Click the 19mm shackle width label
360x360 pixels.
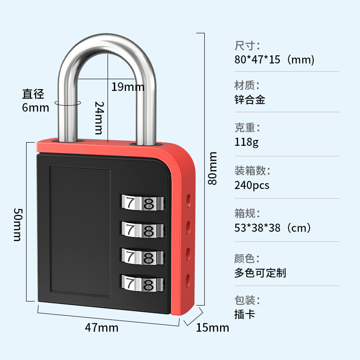(128, 86)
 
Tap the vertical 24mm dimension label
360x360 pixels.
(99, 117)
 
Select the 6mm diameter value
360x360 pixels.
(35, 108)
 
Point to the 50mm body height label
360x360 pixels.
(17, 224)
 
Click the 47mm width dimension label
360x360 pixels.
(102, 328)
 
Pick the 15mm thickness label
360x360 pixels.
(212, 328)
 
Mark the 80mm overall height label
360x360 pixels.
(212, 168)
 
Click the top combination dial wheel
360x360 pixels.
(141, 203)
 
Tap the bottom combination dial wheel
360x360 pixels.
(141, 284)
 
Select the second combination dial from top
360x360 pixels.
(141, 230)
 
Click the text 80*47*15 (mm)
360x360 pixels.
(274, 60)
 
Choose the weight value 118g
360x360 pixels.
(247, 142)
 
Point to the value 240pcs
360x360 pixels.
(252, 185)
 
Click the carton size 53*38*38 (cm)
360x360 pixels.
(273, 228)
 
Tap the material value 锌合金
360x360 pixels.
(250, 99)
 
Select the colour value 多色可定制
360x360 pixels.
(260, 272)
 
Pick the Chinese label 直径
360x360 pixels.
(34, 94)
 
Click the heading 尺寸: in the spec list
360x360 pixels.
(247, 45)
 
